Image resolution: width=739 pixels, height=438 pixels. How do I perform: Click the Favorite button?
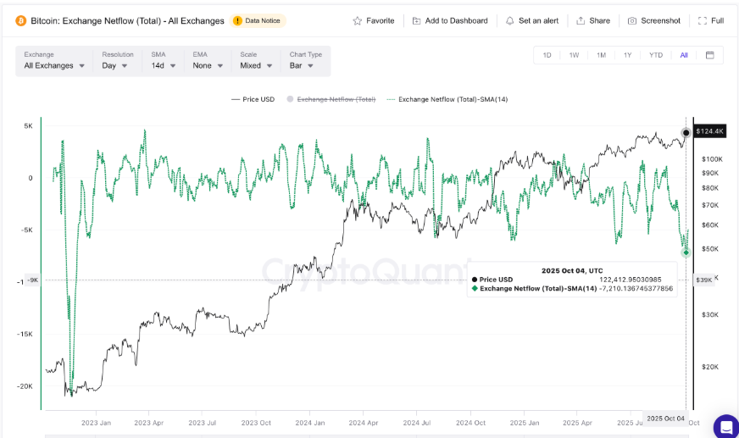click(x=374, y=20)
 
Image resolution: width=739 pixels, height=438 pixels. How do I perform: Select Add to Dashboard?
click(x=450, y=20)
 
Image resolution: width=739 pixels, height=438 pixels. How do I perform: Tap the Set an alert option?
click(x=534, y=20)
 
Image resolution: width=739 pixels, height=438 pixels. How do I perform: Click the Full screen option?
click(x=711, y=20)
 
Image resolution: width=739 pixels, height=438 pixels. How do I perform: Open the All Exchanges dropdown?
click(x=54, y=65)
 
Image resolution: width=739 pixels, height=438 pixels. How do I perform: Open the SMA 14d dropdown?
click(x=163, y=65)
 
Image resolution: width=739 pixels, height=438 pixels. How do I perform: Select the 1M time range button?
click(x=601, y=55)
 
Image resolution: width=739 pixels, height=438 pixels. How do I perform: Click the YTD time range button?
click(x=656, y=55)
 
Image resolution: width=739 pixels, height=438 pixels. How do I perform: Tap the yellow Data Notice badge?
click(x=258, y=20)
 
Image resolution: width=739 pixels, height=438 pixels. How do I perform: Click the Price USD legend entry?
click(x=253, y=99)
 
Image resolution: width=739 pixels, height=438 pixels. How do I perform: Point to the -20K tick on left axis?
click(x=26, y=386)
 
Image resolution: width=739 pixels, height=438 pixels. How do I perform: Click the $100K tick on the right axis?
click(x=712, y=159)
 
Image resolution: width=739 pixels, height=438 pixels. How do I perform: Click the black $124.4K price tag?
click(x=709, y=131)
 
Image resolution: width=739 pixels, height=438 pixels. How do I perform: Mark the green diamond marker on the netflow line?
click(x=686, y=252)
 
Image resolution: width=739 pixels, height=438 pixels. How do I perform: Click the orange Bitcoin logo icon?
click(x=20, y=20)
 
